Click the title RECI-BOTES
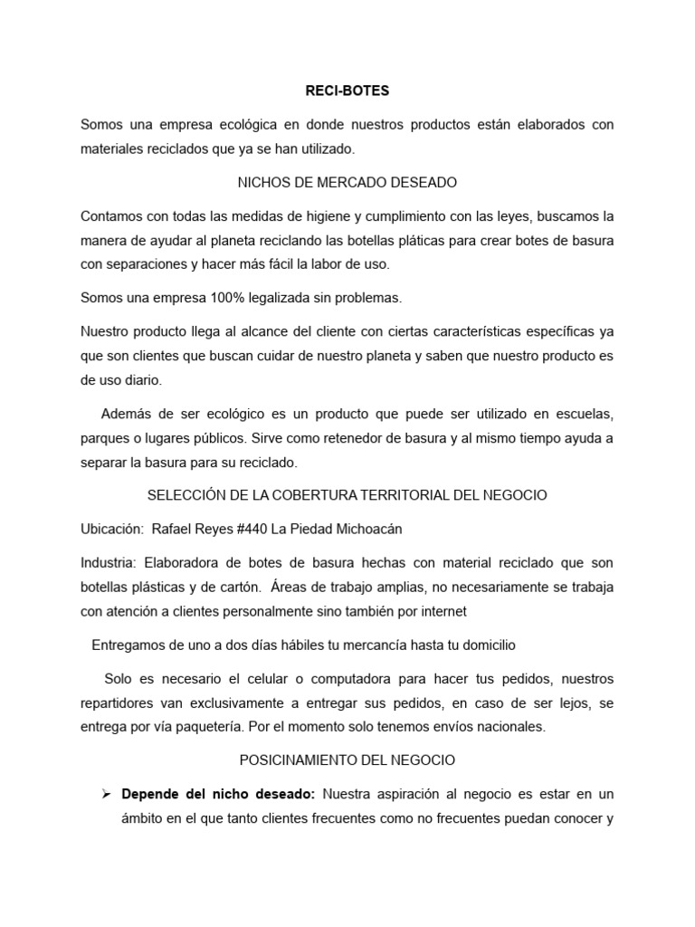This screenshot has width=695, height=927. pyautogui.click(x=347, y=91)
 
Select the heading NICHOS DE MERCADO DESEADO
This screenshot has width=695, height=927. pyautogui.click(x=347, y=183)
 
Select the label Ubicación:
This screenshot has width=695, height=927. pyautogui.click(x=112, y=529)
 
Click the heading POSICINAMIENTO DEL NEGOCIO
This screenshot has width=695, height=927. pyautogui.click(x=347, y=760)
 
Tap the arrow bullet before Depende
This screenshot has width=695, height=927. pyautogui.click(x=106, y=795)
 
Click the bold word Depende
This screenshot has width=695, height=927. pyautogui.click(x=150, y=795)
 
